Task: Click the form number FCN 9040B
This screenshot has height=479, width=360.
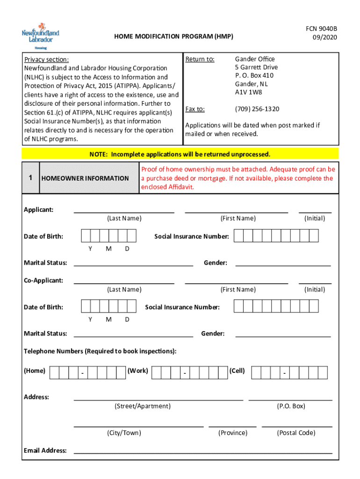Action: [x=321, y=29]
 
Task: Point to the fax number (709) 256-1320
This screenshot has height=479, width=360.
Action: [x=257, y=109]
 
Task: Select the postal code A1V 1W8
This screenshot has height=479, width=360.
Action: [x=249, y=92]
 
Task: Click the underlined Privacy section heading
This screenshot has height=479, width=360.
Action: [x=46, y=59]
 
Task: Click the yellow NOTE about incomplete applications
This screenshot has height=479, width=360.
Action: [x=180, y=154]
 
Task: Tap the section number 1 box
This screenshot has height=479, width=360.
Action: [x=30, y=178]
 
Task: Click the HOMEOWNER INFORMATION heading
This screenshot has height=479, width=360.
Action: [x=85, y=178]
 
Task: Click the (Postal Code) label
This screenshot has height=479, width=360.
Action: [x=296, y=433]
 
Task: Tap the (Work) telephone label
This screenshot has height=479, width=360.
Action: [x=138, y=370]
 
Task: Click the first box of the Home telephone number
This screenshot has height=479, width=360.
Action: [x=54, y=373]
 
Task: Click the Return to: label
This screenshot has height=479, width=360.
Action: [x=200, y=59]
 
